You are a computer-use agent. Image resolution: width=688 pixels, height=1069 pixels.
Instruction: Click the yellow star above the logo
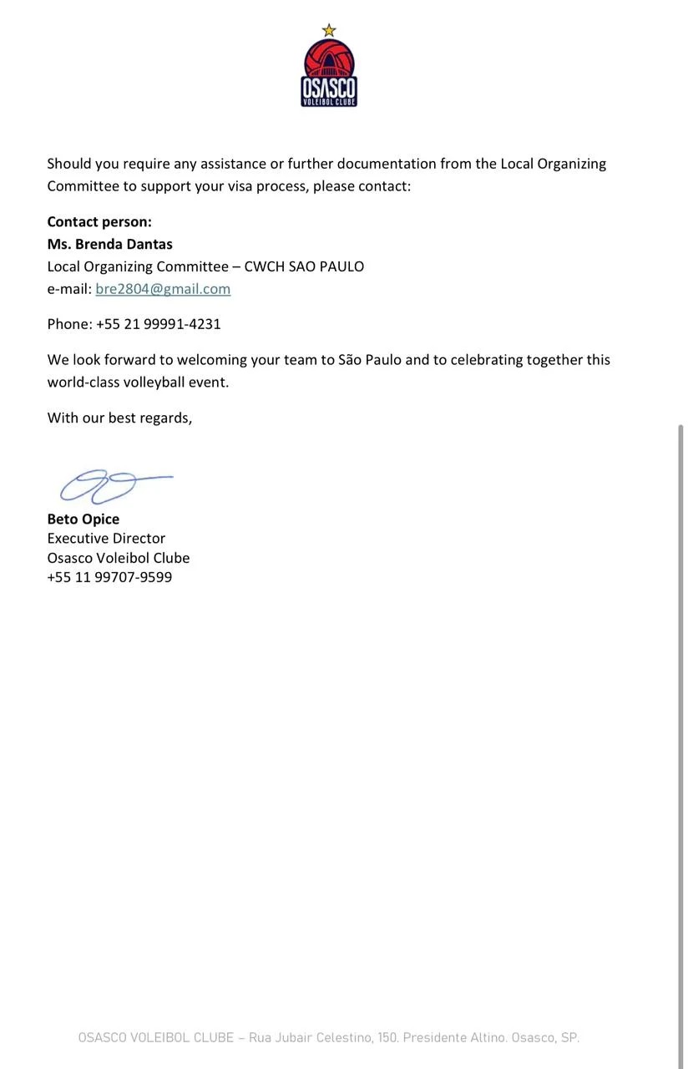pos(329,31)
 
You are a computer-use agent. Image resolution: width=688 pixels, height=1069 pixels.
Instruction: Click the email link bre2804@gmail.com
pos(163,289)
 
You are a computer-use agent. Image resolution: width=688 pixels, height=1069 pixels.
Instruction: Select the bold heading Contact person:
pos(99,222)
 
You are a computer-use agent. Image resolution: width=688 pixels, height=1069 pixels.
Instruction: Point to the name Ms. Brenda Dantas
pos(109,245)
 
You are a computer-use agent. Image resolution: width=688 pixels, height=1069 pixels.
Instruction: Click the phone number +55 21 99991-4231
pos(158,324)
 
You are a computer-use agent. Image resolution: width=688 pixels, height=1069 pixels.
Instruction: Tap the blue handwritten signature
pos(113,485)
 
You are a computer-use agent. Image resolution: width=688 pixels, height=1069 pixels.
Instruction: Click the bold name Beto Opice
pos(83,519)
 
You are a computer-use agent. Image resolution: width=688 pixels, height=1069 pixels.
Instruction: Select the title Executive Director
pos(106,539)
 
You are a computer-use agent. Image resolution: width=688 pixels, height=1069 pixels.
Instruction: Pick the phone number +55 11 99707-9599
pos(109,577)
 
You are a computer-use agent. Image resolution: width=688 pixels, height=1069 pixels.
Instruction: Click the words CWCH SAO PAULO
pos(304,267)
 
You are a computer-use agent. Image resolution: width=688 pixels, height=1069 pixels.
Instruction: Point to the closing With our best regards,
pos(119,418)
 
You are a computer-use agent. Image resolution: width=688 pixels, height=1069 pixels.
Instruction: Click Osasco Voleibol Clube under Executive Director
pos(118,558)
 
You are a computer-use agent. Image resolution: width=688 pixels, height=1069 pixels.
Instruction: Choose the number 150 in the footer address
pos(387,1038)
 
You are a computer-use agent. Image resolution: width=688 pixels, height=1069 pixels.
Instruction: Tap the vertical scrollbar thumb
pos(680,668)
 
